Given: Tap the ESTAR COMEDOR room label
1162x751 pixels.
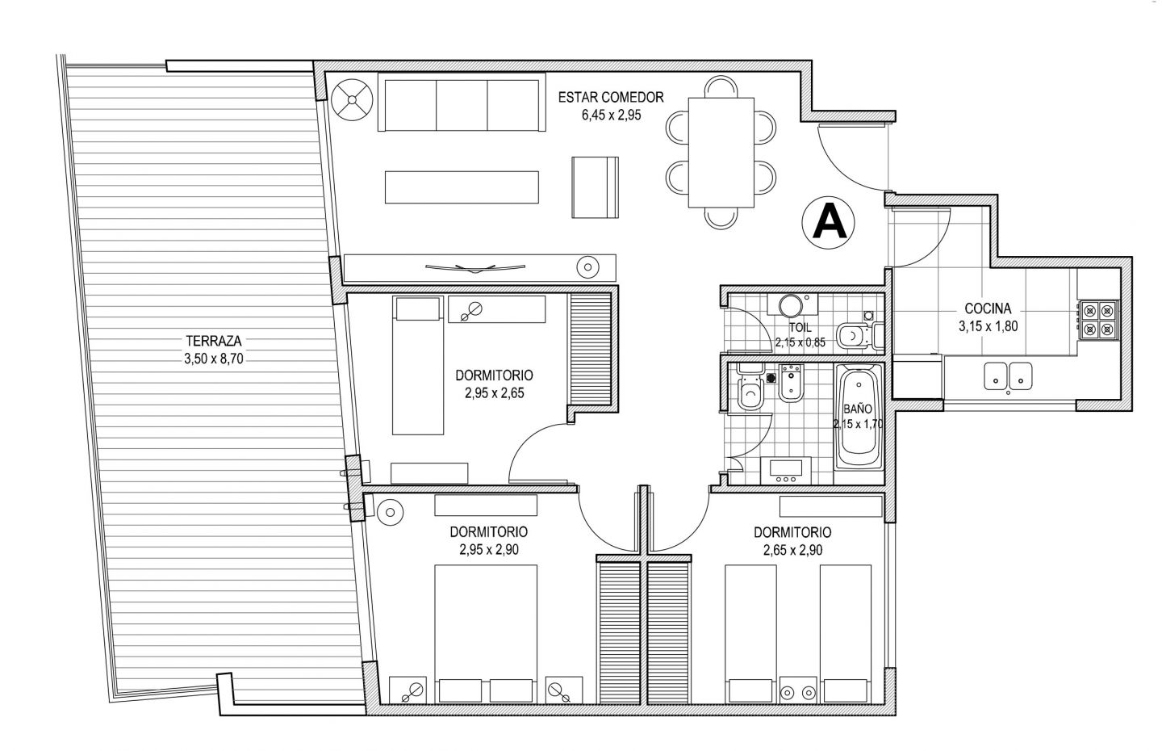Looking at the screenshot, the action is coord(611,97).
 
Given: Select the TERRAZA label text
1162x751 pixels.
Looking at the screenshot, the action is coord(214,341).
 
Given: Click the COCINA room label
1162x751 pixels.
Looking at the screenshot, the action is coord(988,308).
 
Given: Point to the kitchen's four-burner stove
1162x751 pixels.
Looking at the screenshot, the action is coord(1099,320).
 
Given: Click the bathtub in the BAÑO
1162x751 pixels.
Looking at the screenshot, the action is coord(859,417).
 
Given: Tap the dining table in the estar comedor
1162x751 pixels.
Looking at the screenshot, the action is coord(721,153).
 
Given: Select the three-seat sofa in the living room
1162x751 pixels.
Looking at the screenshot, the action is coord(462,103).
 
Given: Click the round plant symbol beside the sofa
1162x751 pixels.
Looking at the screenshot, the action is coord(352,99).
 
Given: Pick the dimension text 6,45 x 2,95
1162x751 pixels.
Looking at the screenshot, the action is coord(611,115).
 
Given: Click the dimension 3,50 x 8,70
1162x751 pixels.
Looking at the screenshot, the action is coord(214,359).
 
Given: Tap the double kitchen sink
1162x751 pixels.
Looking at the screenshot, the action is coord(1008,376).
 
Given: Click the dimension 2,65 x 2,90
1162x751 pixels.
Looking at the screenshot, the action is coord(792,550).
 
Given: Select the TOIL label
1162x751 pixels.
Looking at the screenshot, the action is coord(800,328).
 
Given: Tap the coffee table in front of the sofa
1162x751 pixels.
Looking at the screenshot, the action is coord(462,187).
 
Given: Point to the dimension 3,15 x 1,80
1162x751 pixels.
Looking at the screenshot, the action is coord(988,326).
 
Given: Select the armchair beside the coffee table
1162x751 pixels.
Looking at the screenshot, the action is coord(595,187).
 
